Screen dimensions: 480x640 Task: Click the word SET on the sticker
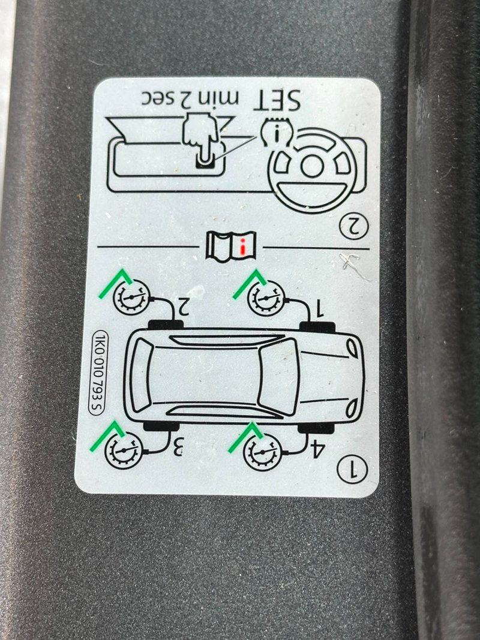pos(277,100)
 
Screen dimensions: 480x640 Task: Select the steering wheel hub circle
pos(311,166)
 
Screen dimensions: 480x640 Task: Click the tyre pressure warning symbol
pos(277,131)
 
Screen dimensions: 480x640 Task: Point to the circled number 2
pos(353,227)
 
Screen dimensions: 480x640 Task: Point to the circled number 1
pos(352,469)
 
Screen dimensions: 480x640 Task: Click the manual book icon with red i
pos(231,245)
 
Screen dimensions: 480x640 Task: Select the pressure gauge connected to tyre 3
pos(124,450)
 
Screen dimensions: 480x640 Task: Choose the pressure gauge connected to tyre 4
pos(262,452)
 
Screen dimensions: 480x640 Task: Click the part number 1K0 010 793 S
pos(98,372)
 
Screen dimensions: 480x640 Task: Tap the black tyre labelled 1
pos(317,326)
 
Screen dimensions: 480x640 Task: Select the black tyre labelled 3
pos(161,426)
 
